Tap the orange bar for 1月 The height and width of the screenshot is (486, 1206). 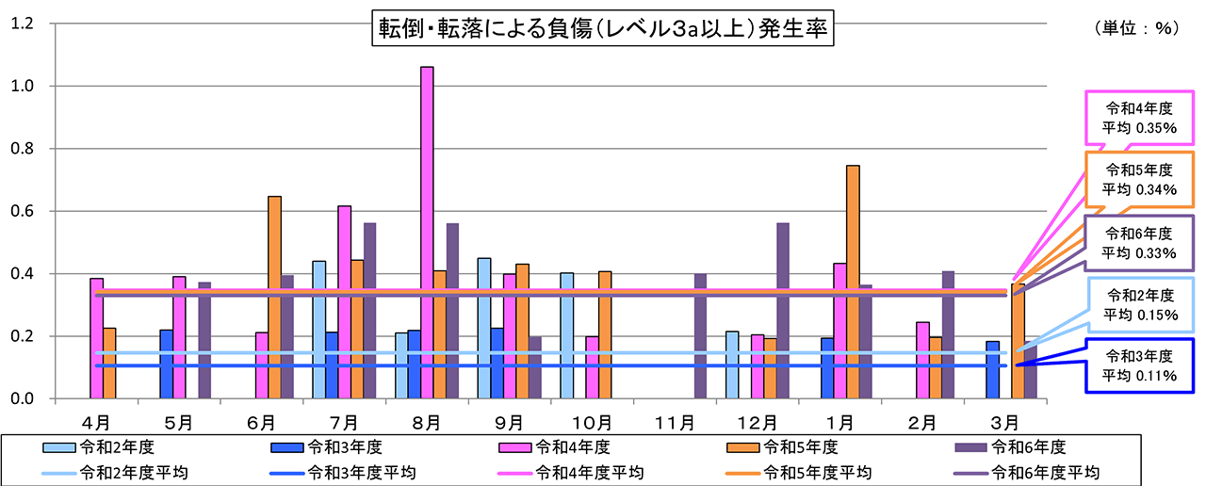point(853,282)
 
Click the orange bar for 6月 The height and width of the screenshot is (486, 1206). point(274,297)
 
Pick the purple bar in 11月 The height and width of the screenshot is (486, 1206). point(700,336)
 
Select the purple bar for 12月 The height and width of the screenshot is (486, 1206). point(782,311)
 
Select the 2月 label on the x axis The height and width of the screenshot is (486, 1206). point(922,420)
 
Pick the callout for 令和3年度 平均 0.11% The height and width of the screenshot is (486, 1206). point(1140,364)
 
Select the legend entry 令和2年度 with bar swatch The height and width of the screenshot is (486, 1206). point(94,447)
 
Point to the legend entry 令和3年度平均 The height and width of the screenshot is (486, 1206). point(320,471)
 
